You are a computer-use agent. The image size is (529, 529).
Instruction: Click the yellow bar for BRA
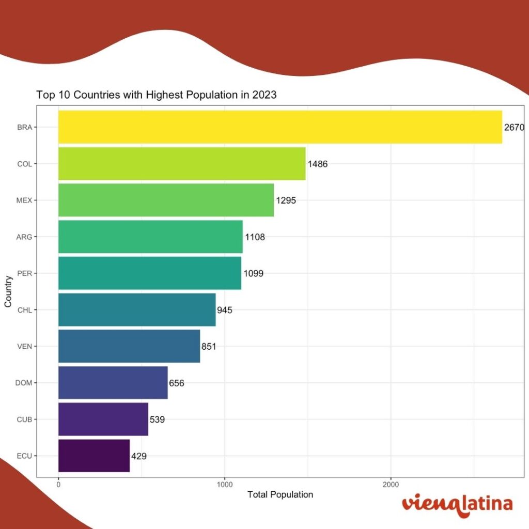coord(279,127)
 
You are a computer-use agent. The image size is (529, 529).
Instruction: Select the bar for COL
coord(181,164)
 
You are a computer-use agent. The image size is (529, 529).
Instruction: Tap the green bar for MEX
coord(165,200)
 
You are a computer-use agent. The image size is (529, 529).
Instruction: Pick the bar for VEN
coord(129,346)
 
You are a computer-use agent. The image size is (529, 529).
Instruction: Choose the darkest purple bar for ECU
coord(94,456)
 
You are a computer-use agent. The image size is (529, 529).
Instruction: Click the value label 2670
coord(515,127)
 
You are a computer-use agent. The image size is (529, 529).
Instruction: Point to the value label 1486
coord(318,164)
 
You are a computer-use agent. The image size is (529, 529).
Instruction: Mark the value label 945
coord(225,310)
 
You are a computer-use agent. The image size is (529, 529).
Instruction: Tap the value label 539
coord(157,419)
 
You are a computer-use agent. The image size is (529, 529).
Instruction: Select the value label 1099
coord(253,273)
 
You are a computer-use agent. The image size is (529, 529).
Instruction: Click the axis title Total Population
coord(280,494)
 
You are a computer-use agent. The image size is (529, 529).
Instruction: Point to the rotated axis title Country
coord(8,292)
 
